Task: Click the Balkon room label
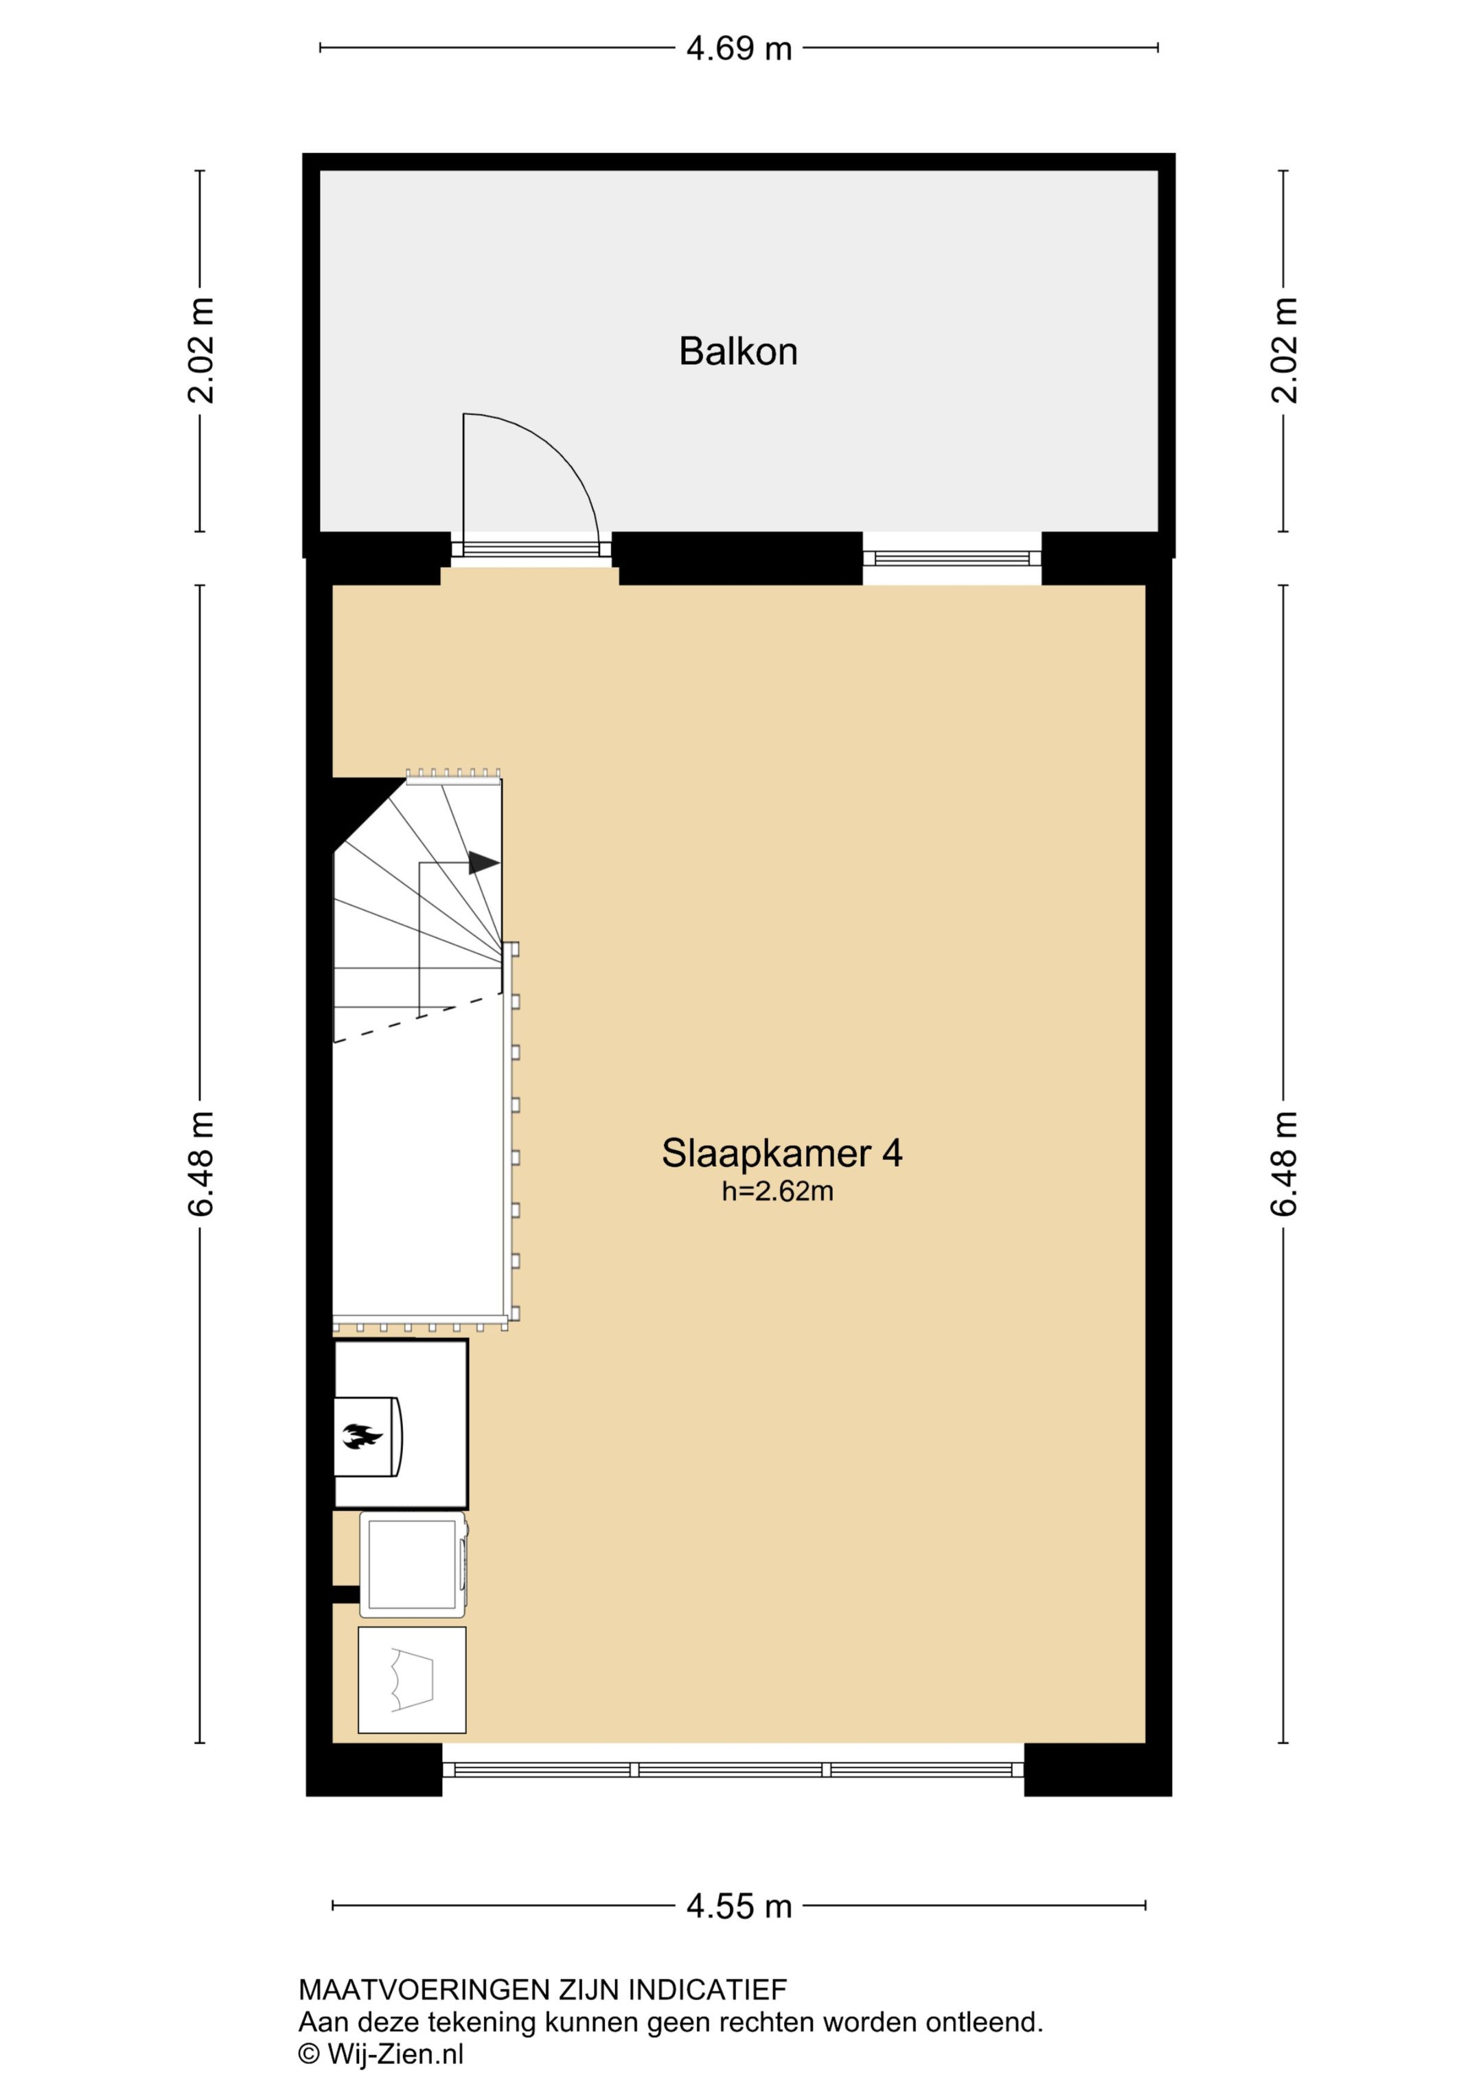738,352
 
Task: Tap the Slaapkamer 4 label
782,1153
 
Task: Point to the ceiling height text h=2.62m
777,1191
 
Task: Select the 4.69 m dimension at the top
739,48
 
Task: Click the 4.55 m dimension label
739,1906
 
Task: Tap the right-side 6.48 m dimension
1283,1164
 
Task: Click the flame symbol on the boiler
363,1437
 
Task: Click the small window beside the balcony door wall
952,558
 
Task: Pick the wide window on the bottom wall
733,1769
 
